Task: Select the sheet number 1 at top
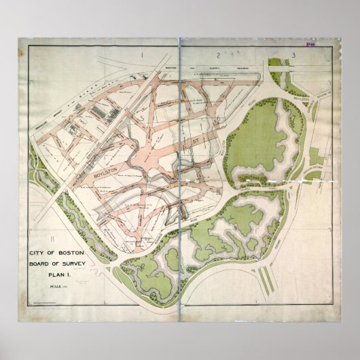tap(143, 52)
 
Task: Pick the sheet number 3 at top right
tap(293, 54)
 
